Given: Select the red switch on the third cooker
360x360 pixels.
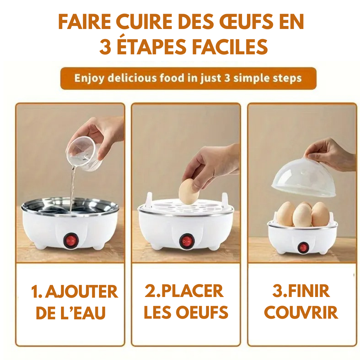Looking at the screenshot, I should [x=303, y=247].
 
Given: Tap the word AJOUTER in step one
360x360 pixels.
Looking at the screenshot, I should [x=81, y=292].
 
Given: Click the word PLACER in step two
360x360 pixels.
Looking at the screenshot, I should [x=192, y=291].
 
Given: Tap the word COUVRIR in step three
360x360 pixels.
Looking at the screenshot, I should [x=301, y=313].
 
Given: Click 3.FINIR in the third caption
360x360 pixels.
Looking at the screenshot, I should [x=301, y=291].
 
